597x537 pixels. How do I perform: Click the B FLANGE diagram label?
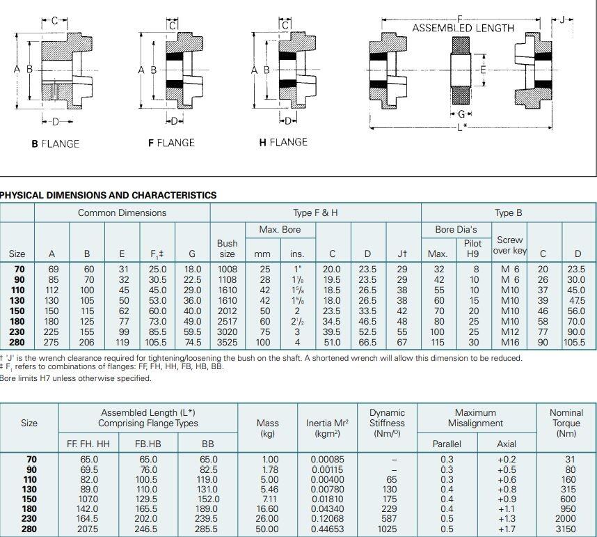(56, 143)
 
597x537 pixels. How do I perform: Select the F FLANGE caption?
(171, 143)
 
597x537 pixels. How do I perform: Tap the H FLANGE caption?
(283, 142)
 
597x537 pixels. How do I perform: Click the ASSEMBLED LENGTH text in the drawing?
(463, 28)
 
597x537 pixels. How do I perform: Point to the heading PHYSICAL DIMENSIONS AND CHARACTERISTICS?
(109, 195)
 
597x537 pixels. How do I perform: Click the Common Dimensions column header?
(122, 212)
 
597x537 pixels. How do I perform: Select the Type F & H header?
(315, 212)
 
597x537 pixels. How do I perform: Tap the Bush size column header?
(228, 249)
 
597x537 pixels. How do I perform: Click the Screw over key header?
(509, 245)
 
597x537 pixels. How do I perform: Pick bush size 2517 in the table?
(228, 322)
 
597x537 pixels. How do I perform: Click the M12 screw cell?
(510, 332)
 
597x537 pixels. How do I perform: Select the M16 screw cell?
(510, 343)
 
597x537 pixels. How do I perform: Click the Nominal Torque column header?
(566, 423)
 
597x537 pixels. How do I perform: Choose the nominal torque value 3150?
(566, 529)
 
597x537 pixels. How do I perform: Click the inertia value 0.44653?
(327, 529)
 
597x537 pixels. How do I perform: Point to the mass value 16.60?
(268, 509)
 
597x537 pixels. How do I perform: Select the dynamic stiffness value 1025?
(387, 529)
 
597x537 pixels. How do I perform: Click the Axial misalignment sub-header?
(507, 444)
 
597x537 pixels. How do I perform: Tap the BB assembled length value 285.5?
(208, 529)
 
